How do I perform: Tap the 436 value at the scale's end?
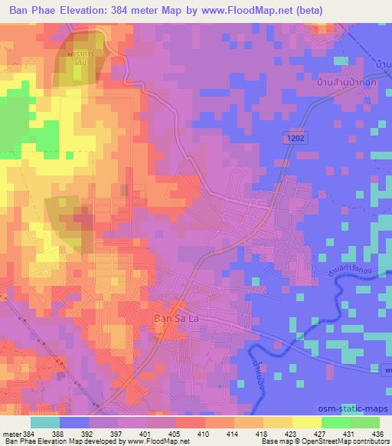tap(378, 433)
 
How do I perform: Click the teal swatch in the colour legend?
tap(44, 422)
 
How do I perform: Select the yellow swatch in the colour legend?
tap(306, 422)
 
